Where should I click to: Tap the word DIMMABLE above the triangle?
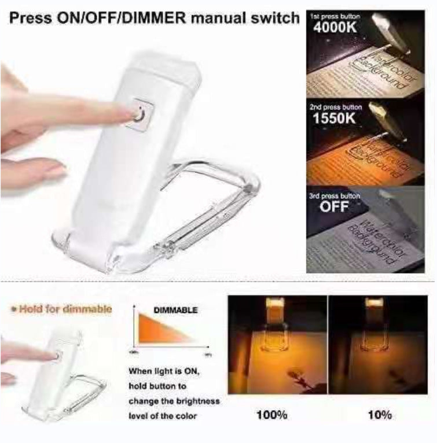175,311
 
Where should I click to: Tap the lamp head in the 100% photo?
277,308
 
